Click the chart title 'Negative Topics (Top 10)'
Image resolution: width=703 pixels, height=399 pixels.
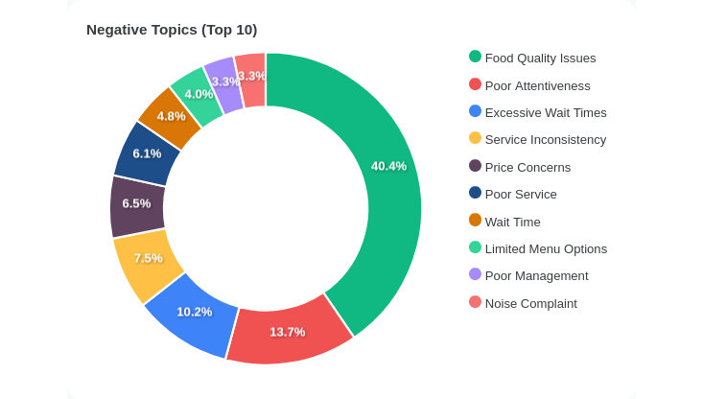click(x=172, y=30)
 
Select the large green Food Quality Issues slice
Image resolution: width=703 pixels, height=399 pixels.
click(x=384, y=211)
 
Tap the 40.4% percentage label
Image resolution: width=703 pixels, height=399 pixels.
click(x=388, y=166)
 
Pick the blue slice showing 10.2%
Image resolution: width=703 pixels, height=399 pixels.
click(x=194, y=312)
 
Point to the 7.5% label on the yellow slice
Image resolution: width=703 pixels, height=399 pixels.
click(x=148, y=258)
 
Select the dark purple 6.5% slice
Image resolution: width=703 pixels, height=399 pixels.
click(x=136, y=204)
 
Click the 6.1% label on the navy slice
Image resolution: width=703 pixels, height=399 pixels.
click(x=147, y=153)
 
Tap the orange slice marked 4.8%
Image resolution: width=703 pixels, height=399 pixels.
click(x=170, y=115)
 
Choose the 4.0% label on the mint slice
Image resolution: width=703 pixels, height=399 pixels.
click(x=199, y=94)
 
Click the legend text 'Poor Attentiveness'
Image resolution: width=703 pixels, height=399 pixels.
click(x=537, y=85)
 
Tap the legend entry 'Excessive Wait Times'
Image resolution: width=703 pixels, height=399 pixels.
click(x=545, y=112)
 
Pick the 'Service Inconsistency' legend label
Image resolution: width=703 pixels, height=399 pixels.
click(x=545, y=139)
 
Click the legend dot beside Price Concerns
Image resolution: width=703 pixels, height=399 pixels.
click(x=475, y=166)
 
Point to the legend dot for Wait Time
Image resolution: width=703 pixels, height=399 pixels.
click(x=475, y=221)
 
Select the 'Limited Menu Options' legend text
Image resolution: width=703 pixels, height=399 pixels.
click(x=546, y=248)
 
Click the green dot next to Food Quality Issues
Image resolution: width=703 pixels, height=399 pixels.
click(x=475, y=57)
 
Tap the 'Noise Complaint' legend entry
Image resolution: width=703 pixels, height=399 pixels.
click(x=530, y=303)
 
